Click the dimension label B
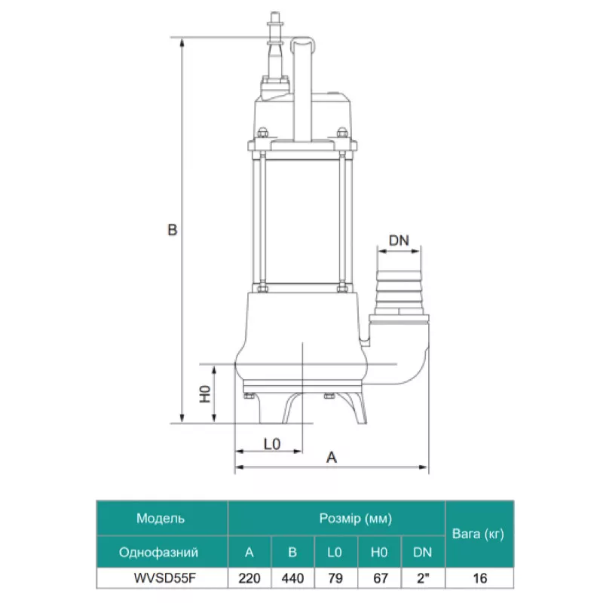172,230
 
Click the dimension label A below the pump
331,457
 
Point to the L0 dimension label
272,445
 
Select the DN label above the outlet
399,240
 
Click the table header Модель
161,519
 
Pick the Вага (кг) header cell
476,534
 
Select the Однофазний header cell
159,552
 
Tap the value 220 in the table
249,578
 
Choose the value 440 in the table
292,578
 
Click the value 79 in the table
335,578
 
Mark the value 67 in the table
379,578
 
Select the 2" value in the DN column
422,578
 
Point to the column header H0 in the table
379,552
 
